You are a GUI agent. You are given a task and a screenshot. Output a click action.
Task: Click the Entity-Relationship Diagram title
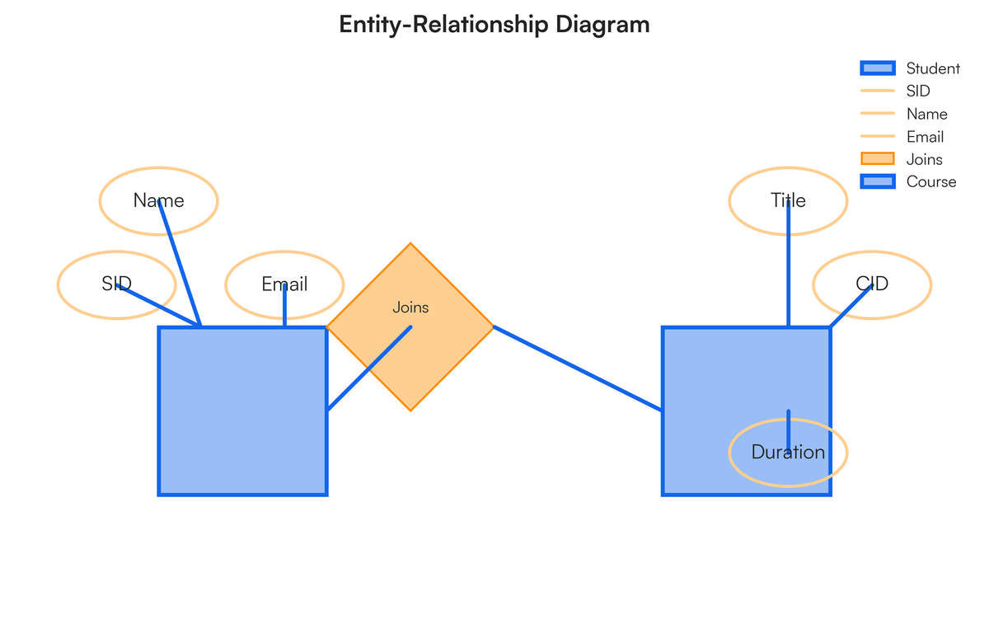[494, 25]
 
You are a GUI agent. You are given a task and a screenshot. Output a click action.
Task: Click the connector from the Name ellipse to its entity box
[180, 264]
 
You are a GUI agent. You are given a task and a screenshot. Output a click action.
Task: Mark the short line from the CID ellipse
[851, 306]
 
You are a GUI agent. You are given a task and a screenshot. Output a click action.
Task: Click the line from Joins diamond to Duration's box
[577, 368]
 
